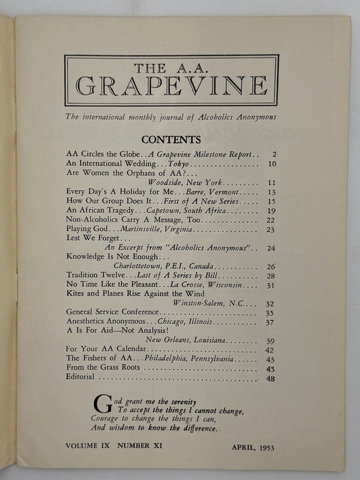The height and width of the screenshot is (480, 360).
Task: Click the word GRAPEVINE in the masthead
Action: (171, 87)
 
